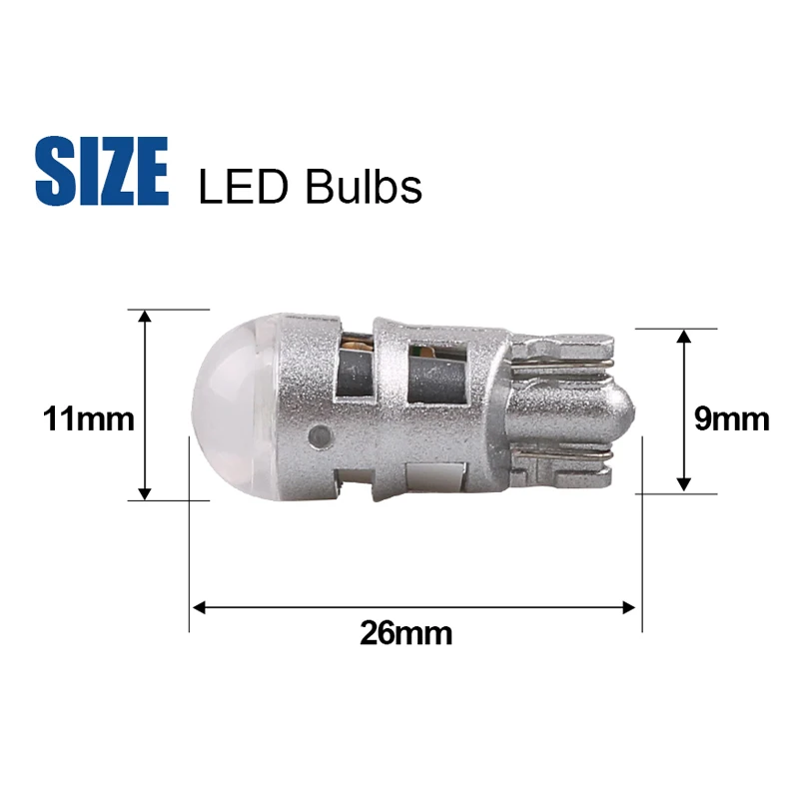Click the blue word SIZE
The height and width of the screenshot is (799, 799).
click(102, 171)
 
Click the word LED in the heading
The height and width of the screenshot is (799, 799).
click(244, 188)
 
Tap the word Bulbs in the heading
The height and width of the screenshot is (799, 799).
click(364, 186)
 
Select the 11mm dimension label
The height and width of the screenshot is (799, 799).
click(89, 418)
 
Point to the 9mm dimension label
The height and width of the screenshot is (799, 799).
click(732, 418)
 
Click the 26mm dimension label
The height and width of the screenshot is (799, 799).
click(406, 633)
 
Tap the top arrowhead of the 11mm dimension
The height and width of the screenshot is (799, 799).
click(145, 316)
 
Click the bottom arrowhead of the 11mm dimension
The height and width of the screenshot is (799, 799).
click(145, 493)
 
